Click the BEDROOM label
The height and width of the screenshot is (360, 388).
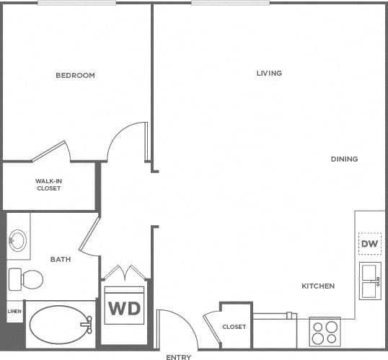75,75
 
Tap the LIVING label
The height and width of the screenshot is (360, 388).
269,73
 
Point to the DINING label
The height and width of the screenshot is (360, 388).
344,159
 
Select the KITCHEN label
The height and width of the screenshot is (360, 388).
318,286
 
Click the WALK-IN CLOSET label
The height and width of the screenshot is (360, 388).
49,185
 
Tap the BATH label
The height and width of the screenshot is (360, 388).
60,259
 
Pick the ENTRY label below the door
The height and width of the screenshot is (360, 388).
178,357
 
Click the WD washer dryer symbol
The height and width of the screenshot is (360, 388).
124,309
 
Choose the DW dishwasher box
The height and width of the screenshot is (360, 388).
369,244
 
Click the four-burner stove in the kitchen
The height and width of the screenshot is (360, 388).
324,332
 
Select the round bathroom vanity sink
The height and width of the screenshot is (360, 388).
18,240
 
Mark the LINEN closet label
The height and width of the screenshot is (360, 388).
14,312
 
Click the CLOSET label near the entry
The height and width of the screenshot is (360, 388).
234,327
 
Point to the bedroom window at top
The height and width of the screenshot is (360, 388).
76,3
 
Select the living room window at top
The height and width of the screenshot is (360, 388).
230,3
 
